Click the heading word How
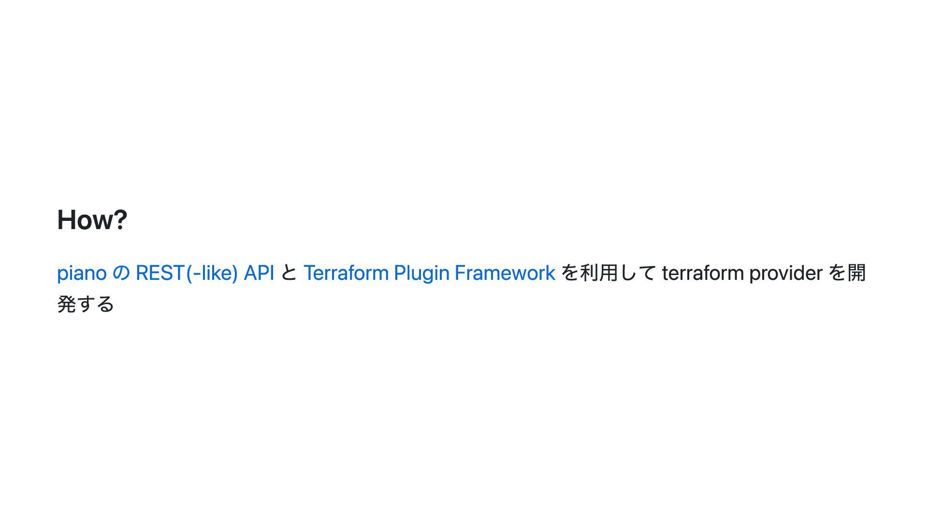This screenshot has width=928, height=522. [x=84, y=220]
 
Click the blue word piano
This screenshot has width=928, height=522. [x=82, y=273]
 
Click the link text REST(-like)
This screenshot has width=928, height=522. [x=187, y=273]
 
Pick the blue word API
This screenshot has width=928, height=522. [x=259, y=273]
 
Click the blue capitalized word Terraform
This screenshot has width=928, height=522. [x=346, y=273]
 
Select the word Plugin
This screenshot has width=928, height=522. [x=421, y=273]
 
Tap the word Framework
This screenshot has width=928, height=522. [x=505, y=273]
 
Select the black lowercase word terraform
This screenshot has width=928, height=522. [x=703, y=273]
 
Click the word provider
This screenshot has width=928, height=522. [x=785, y=273]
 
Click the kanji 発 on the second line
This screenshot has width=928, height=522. [x=67, y=304]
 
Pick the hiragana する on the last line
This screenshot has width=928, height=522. [x=96, y=304]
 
